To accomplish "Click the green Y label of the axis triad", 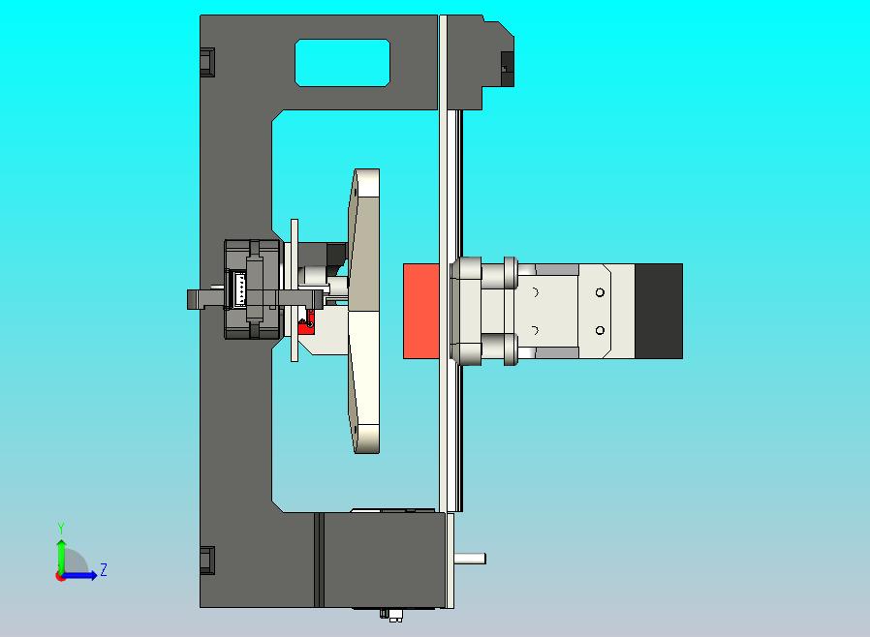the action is tap(61, 528).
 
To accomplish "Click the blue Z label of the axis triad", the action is tap(104, 569).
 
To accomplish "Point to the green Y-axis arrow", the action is tap(61, 558).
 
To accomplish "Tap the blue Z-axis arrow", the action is tap(78, 576).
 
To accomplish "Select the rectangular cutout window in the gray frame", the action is tap(342, 63).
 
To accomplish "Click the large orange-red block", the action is tap(421, 311).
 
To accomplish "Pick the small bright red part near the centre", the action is tap(306, 323).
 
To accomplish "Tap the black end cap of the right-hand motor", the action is tap(659, 311).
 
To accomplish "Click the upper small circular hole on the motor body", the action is tap(600, 292).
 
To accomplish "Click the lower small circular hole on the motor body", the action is tap(600, 330).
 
